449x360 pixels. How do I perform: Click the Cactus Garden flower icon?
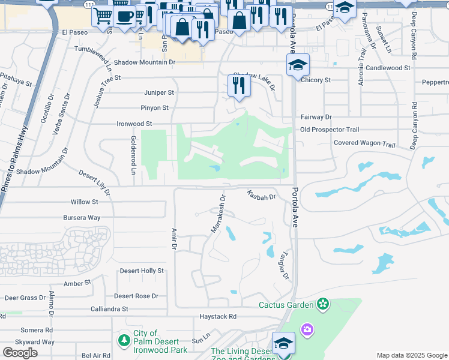[324, 304]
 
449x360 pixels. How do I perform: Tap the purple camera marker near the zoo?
[307, 329]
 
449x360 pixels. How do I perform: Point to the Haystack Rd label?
[218, 316]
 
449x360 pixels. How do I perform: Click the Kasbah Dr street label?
[261, 196]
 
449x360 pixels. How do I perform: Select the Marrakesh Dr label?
[217, 214]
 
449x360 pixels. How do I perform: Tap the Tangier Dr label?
[283, 265]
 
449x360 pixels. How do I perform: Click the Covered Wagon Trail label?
[364, 145]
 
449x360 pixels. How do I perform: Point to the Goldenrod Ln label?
[134, 155]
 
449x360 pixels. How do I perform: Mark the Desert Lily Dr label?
[95, 182]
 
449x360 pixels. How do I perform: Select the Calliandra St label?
[109, 309]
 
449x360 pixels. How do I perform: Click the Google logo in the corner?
[20, 352]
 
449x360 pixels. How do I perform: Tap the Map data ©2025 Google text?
[412, 355]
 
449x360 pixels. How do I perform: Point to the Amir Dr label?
[173, 238]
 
